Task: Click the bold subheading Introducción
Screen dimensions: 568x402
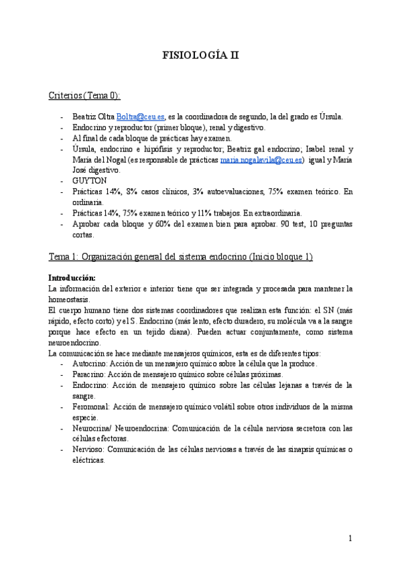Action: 72,277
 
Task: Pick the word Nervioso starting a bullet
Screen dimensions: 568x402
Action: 90,449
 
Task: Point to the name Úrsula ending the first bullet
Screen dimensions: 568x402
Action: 331,117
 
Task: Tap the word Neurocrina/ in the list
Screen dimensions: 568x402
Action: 95,428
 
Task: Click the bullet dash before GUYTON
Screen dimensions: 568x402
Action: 62,181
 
